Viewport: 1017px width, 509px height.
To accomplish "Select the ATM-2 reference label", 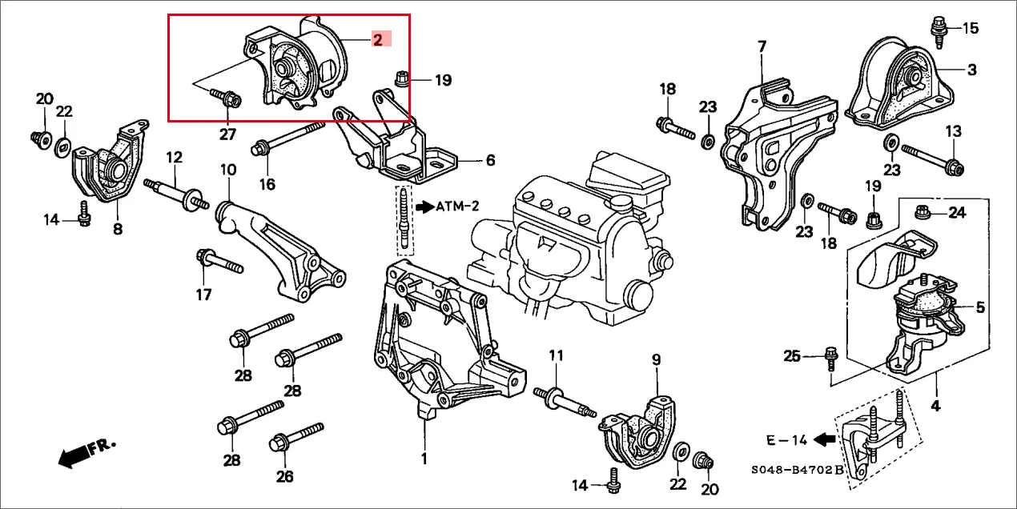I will tap(456, 206).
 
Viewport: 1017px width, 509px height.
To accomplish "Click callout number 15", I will tap(969, 29).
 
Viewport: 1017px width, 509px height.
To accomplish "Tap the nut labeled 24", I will tap(922, 211).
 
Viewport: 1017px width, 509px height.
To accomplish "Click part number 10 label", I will tap(228, 170).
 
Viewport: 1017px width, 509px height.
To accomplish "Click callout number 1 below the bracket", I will tap(424, 459).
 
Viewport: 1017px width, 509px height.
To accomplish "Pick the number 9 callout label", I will tap(655, 361).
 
